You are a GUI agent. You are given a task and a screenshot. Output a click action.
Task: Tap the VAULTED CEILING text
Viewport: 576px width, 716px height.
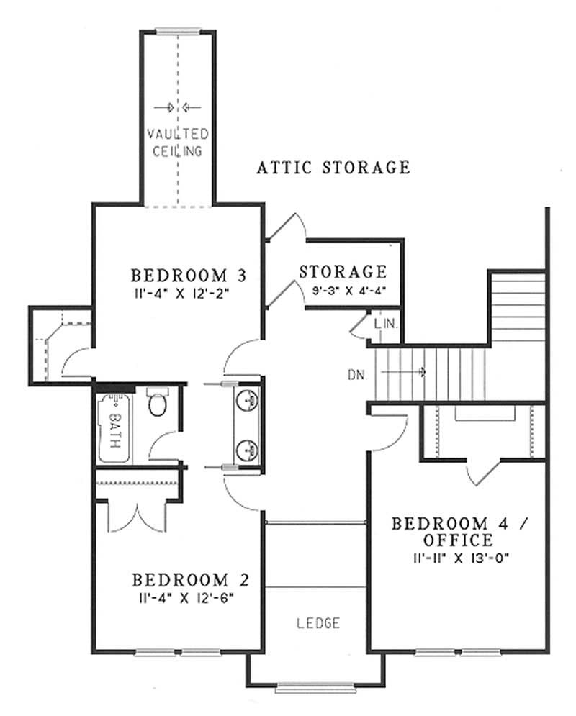pos(178,142)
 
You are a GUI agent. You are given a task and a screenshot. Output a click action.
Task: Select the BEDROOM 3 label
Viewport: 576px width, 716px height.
pos(189,276)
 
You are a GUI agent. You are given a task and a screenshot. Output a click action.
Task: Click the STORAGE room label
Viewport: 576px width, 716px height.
pos(343,272)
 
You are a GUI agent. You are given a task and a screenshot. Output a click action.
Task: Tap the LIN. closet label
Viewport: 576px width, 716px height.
pos(386,325)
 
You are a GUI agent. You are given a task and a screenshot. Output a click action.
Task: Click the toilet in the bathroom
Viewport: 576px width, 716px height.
pos(156,405)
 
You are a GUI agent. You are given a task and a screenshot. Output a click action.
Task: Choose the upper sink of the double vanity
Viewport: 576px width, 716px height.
pos(248,399)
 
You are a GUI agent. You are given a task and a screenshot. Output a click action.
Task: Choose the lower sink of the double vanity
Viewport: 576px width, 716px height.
pos(248,450)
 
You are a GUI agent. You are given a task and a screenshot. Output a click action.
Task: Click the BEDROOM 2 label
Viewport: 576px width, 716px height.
pos(189,580)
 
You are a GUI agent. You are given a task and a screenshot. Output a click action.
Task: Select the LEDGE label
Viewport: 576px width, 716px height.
pos(318,624)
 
